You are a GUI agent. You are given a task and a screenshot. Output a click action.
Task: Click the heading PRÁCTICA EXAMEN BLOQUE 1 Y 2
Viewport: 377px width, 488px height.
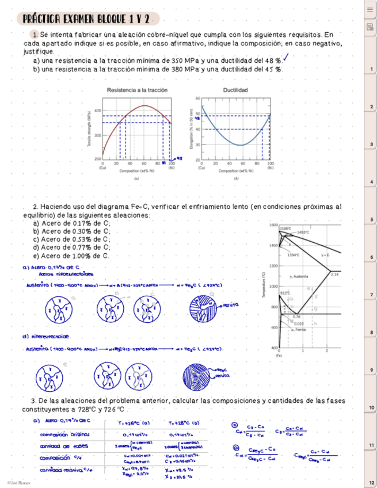tap(86, 20)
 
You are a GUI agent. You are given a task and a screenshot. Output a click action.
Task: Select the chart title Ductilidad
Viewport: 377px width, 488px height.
tap(235, 90)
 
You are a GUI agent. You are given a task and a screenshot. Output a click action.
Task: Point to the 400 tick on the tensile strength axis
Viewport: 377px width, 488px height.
tap(97, 110)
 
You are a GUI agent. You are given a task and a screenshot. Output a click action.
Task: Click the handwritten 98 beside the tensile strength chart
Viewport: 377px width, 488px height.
tap(180, 157)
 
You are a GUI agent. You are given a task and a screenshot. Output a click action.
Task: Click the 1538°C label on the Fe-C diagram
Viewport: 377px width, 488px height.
tap(286, 228)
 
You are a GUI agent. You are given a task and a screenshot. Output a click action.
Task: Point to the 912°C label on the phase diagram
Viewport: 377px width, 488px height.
tap(284, 293)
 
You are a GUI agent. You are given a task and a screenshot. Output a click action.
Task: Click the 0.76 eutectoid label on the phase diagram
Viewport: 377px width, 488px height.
tap(296, 317)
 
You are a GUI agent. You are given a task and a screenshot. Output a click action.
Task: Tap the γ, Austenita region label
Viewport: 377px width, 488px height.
tap(300, 277)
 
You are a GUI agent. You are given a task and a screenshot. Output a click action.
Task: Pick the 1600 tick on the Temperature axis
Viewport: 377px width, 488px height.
tap(273, 225)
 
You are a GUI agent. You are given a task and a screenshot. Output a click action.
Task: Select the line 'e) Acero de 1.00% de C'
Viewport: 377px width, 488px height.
tap(71, 256)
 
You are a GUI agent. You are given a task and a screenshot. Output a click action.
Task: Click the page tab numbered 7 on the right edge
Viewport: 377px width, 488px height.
tap(372, 295)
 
